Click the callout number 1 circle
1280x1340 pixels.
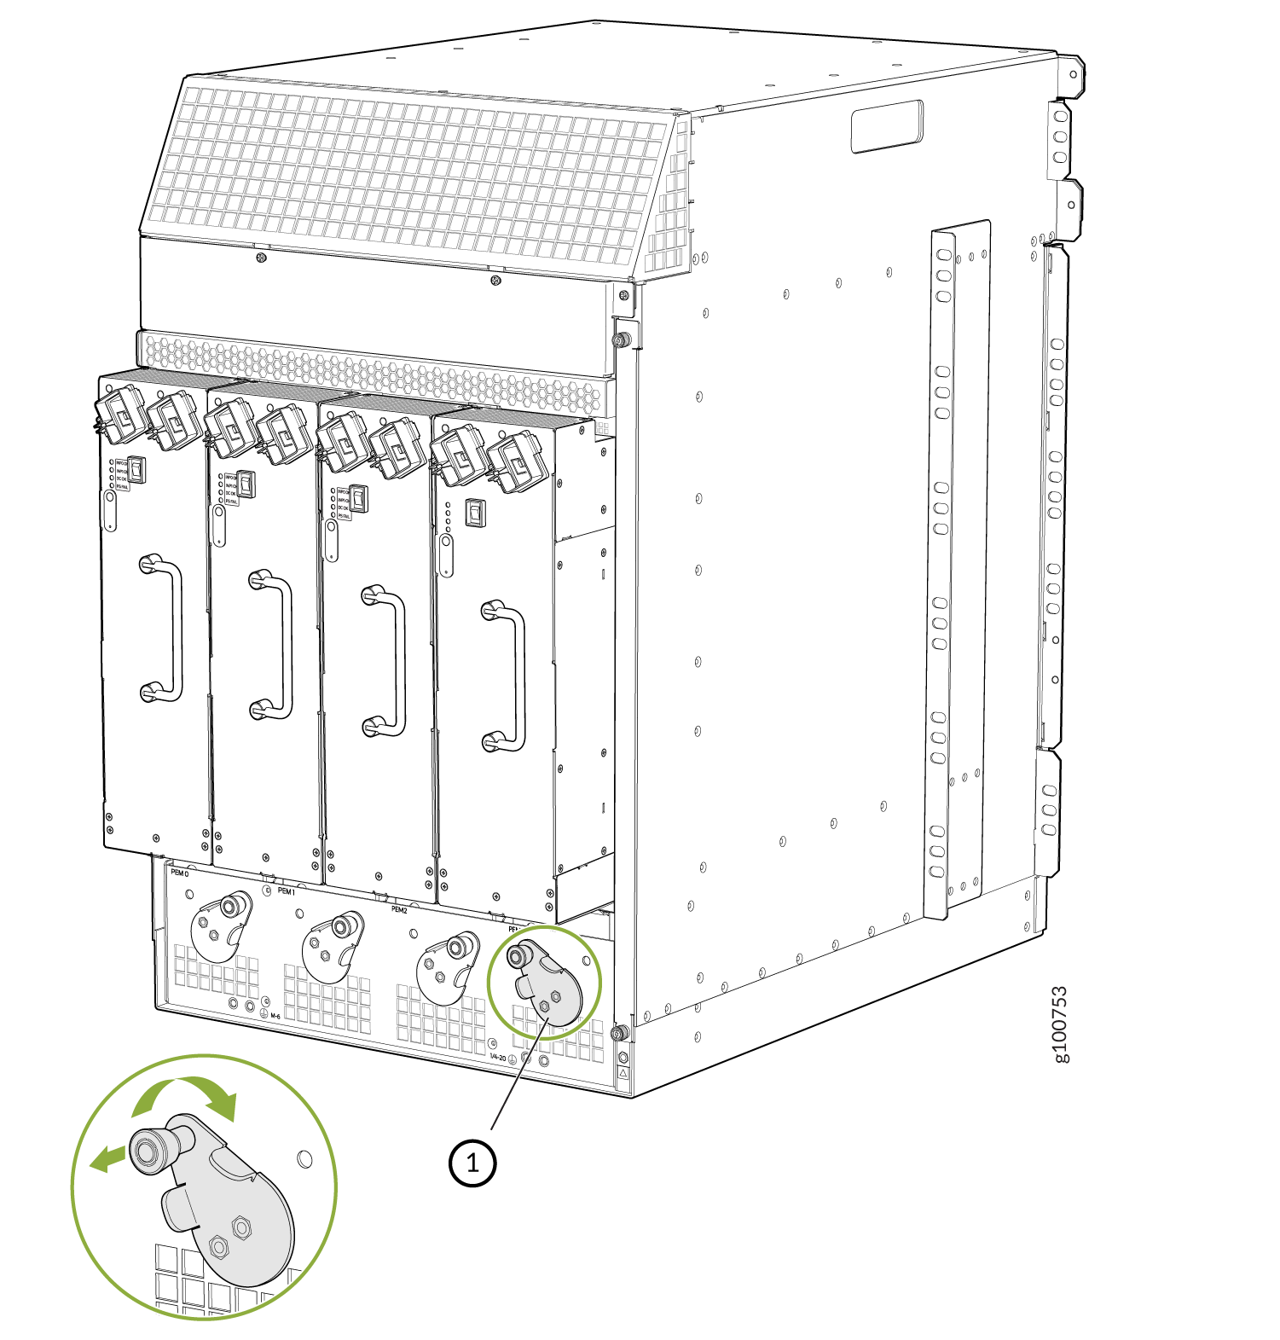point(472,1162)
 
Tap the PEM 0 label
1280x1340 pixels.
point(179,873)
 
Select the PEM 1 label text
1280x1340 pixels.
point(286,891)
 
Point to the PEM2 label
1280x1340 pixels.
point(399,910)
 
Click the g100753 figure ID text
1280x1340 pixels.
point(1060,1024)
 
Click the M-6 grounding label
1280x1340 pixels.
point(275,1016)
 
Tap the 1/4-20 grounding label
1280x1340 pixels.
point(498,1058)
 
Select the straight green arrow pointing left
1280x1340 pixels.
point(108,1158)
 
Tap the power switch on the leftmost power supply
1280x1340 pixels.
point(136,469)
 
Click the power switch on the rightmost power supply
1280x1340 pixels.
point(475,512)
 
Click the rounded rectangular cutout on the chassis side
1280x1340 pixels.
point(887,126)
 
